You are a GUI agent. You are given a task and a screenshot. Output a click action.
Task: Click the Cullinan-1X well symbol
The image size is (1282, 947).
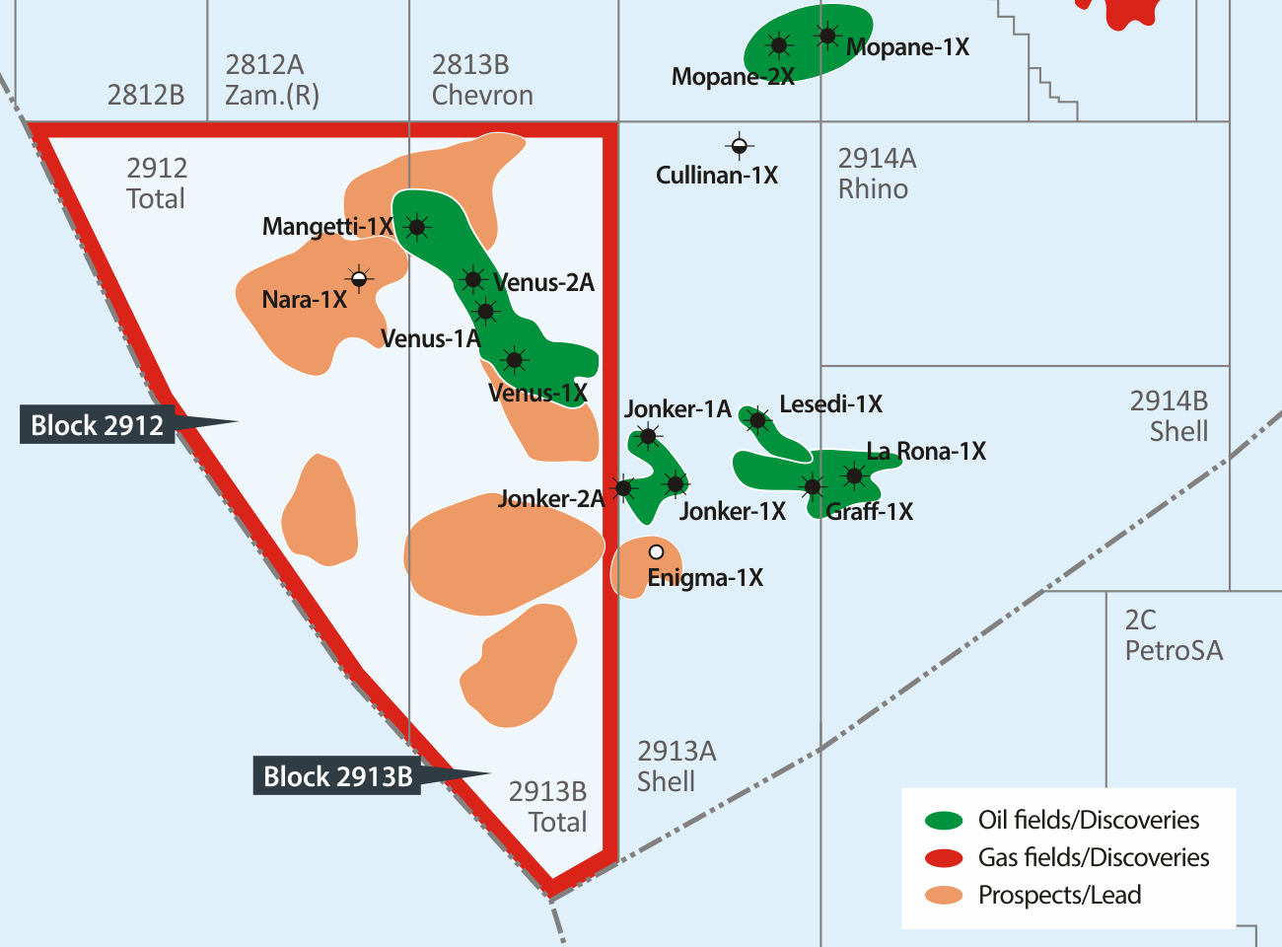[739, 147]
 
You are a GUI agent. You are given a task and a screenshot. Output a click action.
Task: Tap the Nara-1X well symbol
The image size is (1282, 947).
[359, 279]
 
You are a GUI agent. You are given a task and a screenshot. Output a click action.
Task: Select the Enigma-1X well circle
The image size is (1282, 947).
[656, 552]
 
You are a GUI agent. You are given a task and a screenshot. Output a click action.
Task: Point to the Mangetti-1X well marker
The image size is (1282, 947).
[417, 228]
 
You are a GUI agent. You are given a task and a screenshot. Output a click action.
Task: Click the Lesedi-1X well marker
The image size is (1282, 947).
[757, 421]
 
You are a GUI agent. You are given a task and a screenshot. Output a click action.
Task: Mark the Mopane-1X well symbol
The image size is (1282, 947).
[827, 37]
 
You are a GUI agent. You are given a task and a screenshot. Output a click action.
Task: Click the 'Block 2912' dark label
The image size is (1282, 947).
[97, 425]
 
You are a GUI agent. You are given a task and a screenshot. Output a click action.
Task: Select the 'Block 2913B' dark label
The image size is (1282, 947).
[337, 776]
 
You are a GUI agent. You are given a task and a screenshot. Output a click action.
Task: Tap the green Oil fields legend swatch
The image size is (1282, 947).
[944, 820]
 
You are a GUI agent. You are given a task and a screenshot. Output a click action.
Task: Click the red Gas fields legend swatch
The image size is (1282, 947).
[944, 857]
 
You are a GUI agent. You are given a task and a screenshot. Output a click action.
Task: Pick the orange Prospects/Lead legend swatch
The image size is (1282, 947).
[944, 895]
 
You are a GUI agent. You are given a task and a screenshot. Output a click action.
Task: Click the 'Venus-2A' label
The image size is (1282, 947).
[544, 283]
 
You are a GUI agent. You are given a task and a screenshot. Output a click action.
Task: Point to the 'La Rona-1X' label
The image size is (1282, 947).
[926, 452]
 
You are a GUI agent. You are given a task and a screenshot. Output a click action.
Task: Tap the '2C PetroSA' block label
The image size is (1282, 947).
[1173, 635]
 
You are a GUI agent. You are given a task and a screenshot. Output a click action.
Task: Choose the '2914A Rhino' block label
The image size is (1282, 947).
[877, 174]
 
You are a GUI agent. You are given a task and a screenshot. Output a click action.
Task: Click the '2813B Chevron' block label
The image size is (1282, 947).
[482, 80]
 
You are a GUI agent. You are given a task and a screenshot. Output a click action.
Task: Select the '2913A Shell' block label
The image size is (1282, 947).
[677, 766]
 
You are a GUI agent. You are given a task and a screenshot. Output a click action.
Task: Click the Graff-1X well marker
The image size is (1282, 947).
[812, 486]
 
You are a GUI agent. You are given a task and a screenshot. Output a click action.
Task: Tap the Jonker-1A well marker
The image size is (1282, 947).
[648, 436]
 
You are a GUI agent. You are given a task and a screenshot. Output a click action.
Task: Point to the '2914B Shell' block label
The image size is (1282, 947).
[1169, 416]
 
